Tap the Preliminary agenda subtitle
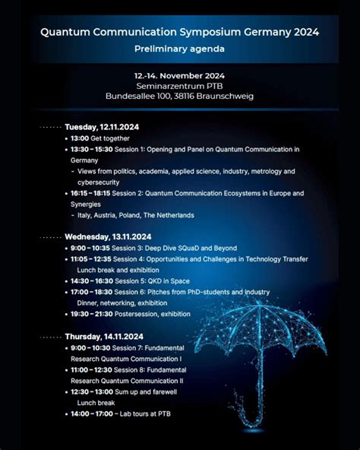[x=179, y=49]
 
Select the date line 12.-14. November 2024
[x=179, y=75]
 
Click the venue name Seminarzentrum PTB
[x=179, y=86]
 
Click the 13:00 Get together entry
[x=100, y=138]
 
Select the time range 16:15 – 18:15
[x=90, y=194]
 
